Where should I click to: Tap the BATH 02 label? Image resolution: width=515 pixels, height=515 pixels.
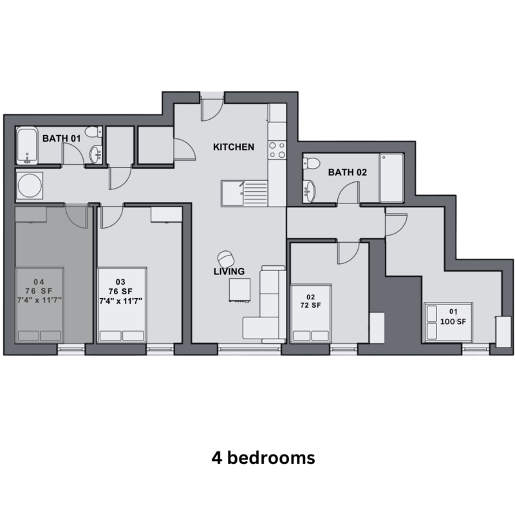(x=347, y=172)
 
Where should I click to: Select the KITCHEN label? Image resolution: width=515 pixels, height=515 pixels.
(x=233, y=147)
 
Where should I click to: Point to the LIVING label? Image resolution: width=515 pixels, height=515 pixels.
(x=229, y=271)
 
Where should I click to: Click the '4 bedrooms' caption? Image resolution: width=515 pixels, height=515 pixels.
(x=263, y=458)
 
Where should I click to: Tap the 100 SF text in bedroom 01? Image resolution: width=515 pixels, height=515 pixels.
(x=450, y=321)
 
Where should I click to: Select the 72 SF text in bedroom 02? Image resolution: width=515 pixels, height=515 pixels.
(x=310, y=305)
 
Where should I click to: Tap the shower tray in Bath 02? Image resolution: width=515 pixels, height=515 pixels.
(x=391, y=178)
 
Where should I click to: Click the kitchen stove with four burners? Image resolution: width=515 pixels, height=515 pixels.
(x=277, y=150)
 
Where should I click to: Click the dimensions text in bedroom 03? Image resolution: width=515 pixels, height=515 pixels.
(x=120, y=301)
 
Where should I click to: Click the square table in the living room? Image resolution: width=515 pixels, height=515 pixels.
(x=239, y=290)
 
